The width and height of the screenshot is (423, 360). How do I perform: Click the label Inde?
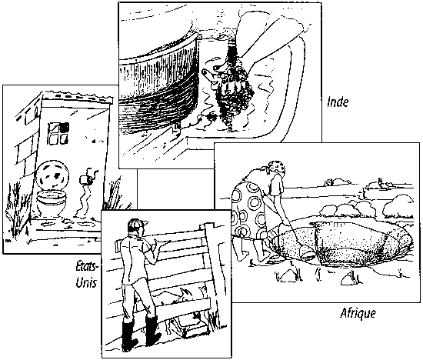[338, 102]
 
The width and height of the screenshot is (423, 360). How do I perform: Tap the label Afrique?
[358, 313]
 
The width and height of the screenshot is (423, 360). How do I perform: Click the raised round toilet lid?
[52, 175]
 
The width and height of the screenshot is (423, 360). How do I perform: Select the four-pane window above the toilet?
[58, 133]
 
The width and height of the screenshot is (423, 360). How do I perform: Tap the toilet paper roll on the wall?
[85, 180]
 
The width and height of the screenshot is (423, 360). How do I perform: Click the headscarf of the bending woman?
[275, 168]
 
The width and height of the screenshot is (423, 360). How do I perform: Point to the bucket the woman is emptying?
[306, 252]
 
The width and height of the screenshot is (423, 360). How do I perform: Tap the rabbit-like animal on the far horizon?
[376, 184]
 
